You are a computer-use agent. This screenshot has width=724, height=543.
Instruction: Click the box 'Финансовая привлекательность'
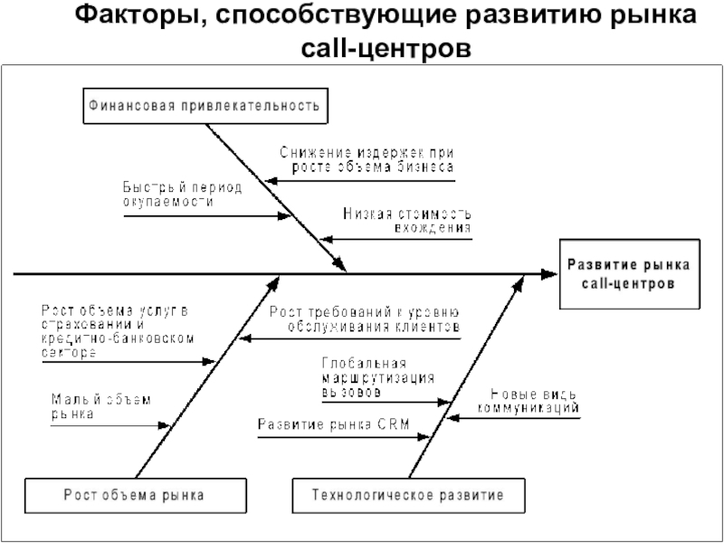coord(205,106)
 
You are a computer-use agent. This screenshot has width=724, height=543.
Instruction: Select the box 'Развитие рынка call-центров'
coord(629,274)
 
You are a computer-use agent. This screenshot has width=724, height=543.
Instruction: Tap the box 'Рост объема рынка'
coord(135,495)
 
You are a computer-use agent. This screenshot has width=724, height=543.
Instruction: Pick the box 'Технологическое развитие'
coord(409,495)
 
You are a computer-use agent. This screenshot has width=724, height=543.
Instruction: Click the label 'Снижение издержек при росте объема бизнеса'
coord(367,159)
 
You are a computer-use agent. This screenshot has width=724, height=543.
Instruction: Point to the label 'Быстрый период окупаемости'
coord(183,194)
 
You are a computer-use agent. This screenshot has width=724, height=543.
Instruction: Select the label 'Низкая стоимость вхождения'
coord(407,220)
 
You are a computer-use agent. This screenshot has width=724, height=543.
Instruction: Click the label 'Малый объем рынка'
coord(101,406)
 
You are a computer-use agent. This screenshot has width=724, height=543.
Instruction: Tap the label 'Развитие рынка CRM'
coord(334,424)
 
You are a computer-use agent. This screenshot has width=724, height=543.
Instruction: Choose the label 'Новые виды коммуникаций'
coord(529,401)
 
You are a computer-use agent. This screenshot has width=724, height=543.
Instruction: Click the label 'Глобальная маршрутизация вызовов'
coord(378,377)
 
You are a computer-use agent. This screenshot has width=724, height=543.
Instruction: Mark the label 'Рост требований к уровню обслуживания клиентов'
coord(365,319)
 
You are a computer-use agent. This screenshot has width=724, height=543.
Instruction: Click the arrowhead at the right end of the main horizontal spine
coord(549,274)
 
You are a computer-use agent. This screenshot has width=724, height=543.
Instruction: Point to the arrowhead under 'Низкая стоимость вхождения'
coord(327,240)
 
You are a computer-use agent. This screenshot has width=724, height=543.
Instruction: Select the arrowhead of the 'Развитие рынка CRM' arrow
coord(424,437)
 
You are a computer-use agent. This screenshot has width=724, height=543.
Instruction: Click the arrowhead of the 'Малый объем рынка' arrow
coord(165,425)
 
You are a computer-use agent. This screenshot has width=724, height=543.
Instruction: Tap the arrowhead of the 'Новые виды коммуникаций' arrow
coord(453,418)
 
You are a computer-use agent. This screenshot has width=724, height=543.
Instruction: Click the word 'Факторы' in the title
coord(137,15)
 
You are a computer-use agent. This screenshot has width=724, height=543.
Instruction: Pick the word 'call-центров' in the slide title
coord(386,48)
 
